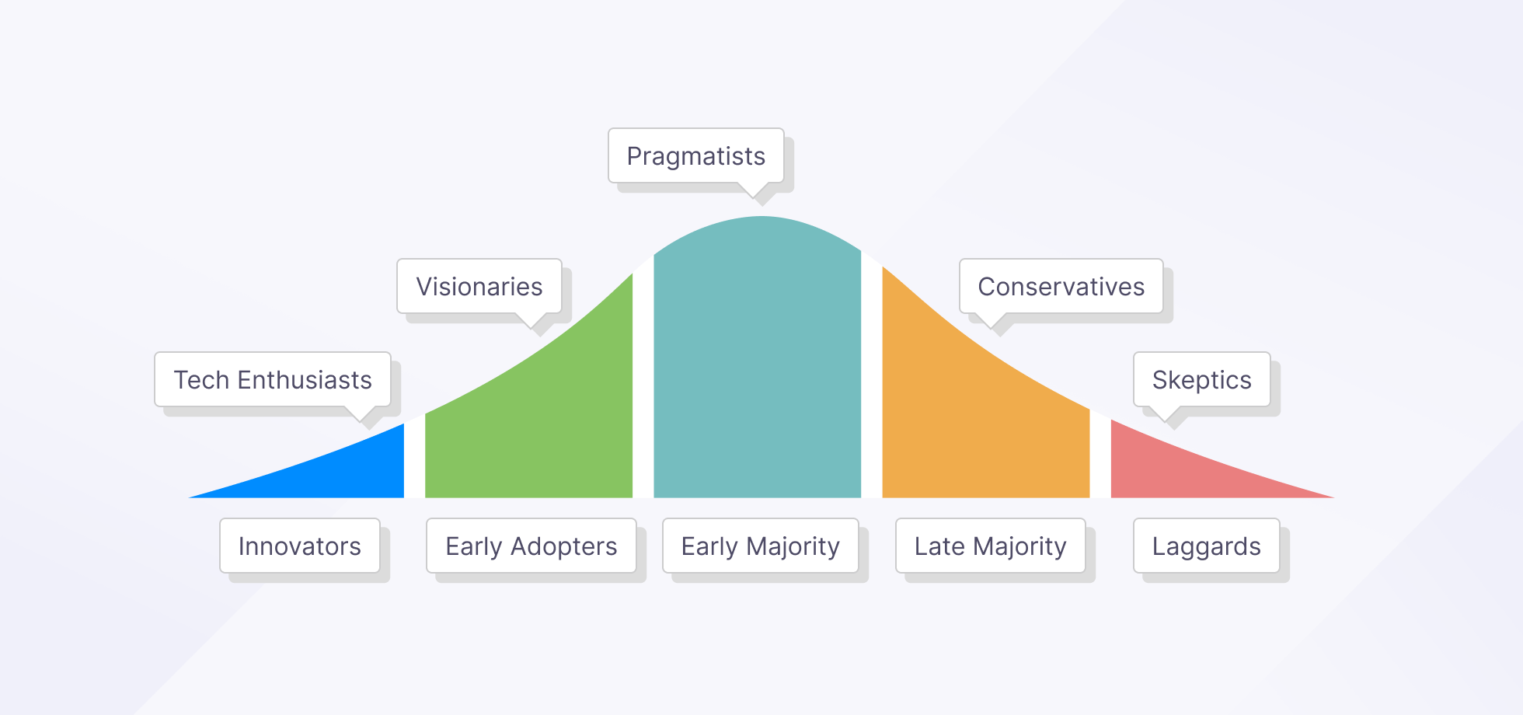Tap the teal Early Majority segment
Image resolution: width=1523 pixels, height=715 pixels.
click(x=758, y=365)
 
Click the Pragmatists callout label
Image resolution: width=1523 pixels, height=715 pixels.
click(x=695, y=156)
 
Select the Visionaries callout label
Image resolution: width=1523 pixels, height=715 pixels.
click(x=479, y=287)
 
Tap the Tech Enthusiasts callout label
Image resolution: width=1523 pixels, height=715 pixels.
click(x=273, y=380)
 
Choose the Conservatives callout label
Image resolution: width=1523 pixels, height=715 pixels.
click(x=1061, y=287)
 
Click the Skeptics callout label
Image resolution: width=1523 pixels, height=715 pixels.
click(x=1202, y=380)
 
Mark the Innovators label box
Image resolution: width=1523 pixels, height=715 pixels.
click(x=300, y=546)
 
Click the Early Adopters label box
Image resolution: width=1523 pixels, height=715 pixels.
click(x=531, y=546)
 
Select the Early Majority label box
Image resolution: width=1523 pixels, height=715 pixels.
click(x=761, y=546)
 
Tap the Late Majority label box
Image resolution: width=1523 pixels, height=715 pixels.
click(x=991, y=546)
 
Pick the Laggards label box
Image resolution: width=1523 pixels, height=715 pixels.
click(x=1207, y=546)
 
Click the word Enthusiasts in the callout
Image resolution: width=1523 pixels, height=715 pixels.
click(x=305, y=380)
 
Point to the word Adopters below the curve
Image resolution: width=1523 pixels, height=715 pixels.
click(x=564, y=546)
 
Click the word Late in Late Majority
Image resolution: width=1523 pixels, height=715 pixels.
click(x=939, y=546)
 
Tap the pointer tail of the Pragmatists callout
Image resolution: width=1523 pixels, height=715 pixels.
click(x=752, y=190)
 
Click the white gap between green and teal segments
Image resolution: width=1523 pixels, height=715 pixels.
click(x=643, y=381)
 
